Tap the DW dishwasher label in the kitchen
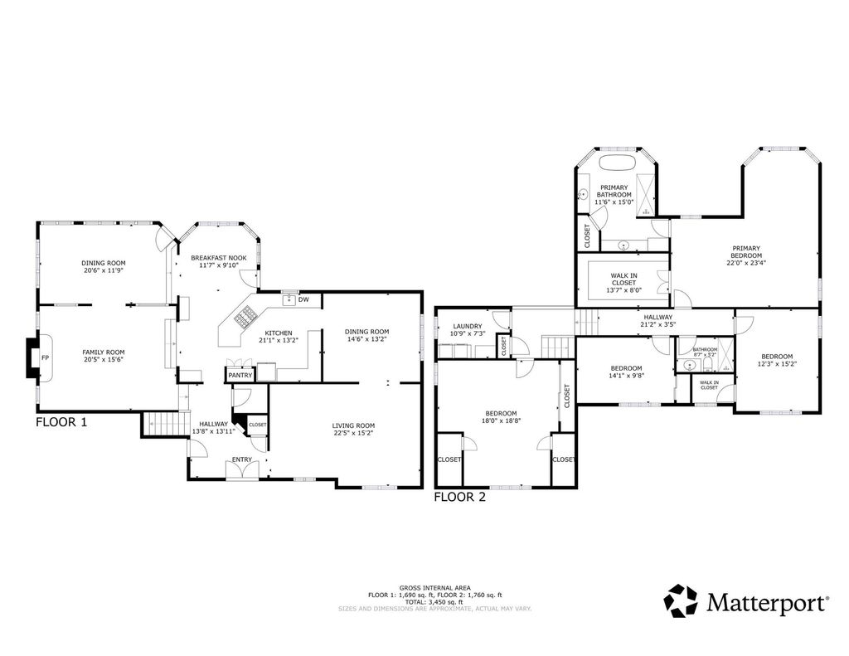[303, 299]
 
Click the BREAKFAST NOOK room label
[218, 258]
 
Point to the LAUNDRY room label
[467, 326]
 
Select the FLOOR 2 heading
[459, 498]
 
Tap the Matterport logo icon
[683, 600]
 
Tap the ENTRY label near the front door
[241, 459]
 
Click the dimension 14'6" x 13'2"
[366, 338]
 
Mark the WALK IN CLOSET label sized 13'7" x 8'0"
[623, 278]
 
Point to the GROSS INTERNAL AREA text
[434, 586]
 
